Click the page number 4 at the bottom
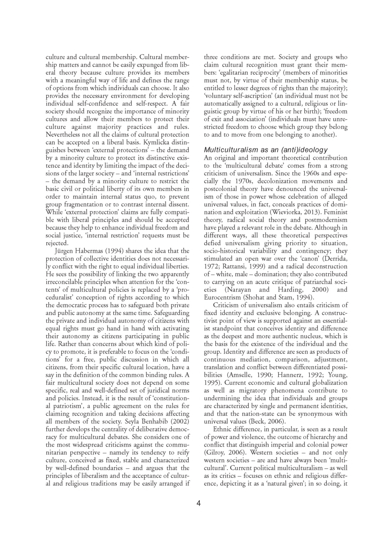coord(199,504)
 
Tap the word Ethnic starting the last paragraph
coord(222,429)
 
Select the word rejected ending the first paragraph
coord(57,243)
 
